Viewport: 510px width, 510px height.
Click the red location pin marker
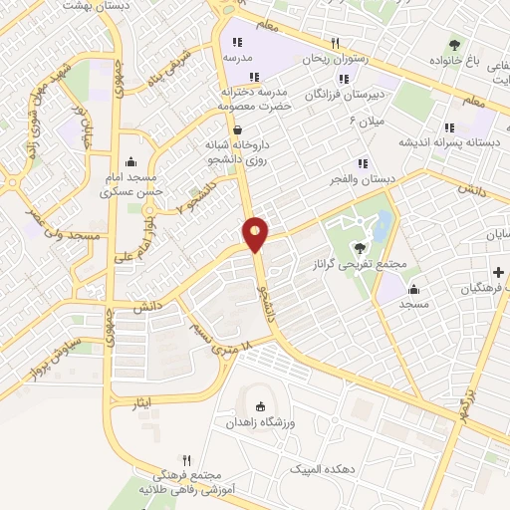tap(256, 234)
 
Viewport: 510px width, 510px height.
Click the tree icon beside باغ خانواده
tap(455, 44)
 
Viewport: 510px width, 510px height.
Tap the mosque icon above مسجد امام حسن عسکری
tap(130, 161)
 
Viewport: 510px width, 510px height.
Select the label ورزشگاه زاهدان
tap(260, 422)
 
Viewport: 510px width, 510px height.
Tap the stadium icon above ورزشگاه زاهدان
tap(261, 406)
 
